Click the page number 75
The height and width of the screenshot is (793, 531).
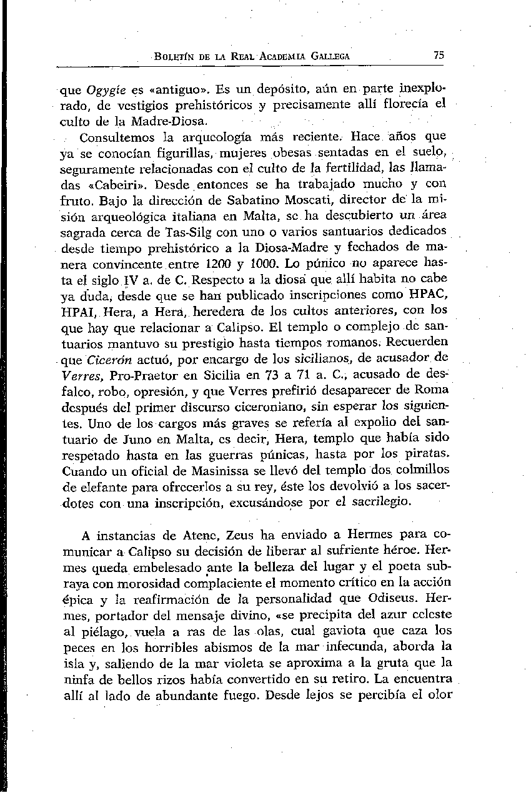coord(439,55)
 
